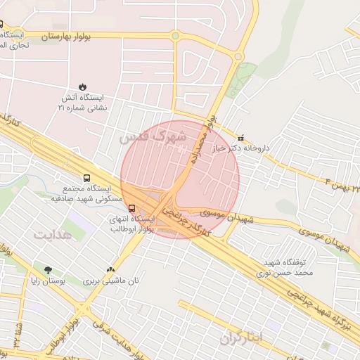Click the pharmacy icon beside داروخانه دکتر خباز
tap(243, 138)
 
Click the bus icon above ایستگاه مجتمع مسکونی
tap(86, 178)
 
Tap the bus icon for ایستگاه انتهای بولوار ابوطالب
tap(132, 207)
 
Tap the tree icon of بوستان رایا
tap(48, 270)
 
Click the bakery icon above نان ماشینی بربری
tap(110, 269)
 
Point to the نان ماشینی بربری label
tap(96, 281)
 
